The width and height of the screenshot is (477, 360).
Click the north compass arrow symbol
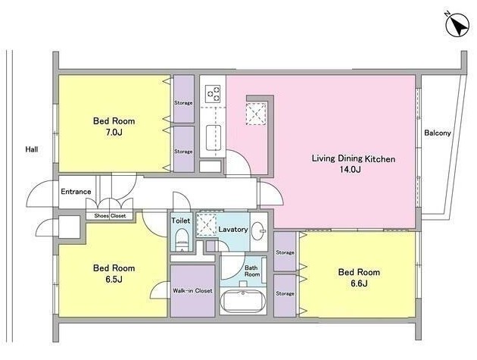point(457,26)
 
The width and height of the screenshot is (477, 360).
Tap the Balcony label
point(438,133)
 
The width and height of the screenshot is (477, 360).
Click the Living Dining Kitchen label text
point(354,158)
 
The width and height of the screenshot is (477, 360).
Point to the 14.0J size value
point(350,169)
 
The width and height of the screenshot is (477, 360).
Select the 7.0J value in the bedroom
point(114,132)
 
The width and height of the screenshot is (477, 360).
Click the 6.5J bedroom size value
point(114,280)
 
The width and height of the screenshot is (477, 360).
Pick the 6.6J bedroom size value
point(359,283)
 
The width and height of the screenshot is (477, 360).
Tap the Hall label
point(32,149)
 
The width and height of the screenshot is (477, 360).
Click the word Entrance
point(76,192)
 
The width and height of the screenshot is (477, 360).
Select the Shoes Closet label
point(110,216)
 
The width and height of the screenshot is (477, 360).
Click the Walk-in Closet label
point(192,290)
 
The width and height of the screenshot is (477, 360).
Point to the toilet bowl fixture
point(182,239)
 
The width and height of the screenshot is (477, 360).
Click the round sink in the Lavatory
point(259,231)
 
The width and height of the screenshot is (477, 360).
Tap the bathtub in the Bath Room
point(243,302)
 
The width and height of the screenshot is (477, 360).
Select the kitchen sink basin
point(214,138)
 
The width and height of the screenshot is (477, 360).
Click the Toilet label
point(181,221)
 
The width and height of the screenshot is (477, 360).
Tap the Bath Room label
point(252,271)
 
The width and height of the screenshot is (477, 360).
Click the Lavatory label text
point(233,230)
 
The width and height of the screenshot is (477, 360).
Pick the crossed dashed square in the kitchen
point(257,114)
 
